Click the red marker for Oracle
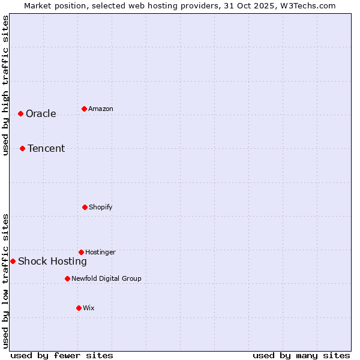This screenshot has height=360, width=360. (20, 113)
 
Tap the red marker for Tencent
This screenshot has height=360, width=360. (22, 148)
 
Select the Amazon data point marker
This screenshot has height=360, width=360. (84, 109)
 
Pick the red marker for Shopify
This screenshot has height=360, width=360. (85, 207)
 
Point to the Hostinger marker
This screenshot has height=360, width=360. (81, 252)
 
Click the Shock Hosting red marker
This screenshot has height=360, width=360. (13, 261)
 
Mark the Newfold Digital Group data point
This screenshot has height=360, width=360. (67, 278)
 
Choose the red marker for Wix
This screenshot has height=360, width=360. (79, 308)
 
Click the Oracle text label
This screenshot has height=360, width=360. (41, 114)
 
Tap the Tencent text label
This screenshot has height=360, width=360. (46, 149)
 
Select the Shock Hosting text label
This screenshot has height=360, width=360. (52, 262)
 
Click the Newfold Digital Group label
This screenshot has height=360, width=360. (106, 278)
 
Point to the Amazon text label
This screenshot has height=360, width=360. (101, 109)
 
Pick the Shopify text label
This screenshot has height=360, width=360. (101, 208)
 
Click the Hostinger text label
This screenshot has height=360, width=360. (100, 253)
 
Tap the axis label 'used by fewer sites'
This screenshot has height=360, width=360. (62, 356)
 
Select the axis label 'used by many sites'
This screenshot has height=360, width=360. (301, 356)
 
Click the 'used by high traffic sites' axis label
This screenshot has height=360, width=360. (6, 85)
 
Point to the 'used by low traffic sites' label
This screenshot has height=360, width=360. (6, 280)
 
